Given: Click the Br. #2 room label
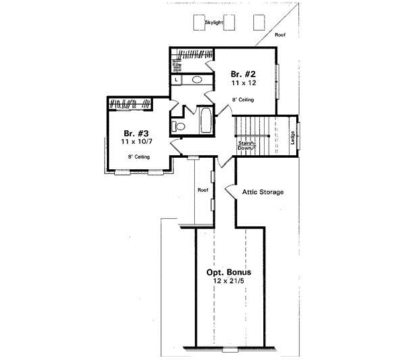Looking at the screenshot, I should coord(240,73).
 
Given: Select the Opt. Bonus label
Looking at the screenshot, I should coord(229,272).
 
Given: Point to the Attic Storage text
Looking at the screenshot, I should coord(263,192).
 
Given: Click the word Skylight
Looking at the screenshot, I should coord(214,23).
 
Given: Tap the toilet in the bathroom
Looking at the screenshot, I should coord(179,126).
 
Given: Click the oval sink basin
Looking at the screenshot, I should coord(197,80).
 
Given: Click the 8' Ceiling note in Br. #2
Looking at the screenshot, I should coord(242,99).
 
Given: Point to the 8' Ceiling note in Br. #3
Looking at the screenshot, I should coord(139,157).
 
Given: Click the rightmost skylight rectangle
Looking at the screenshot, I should coord(259,22).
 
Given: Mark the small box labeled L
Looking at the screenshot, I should coord(176,80).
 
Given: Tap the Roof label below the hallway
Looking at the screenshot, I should coord(203,190).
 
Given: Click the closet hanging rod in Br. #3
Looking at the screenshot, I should coord(130,104).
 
